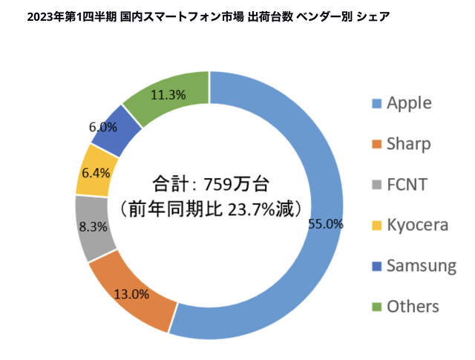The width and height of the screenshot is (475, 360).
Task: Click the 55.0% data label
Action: (x=324, y=223)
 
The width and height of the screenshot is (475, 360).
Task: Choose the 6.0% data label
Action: (x=103, y=127)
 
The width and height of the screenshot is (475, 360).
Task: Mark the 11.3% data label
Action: (x=167, y=95)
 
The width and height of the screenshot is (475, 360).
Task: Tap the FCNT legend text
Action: (x=407, y=185)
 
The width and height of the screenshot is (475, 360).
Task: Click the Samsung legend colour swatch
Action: (x=374, y=266)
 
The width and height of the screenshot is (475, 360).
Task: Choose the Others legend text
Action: (x=413, y=307)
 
